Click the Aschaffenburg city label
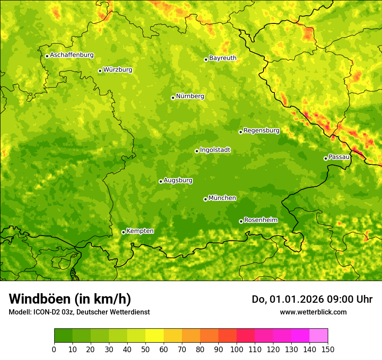[x=72, y=55]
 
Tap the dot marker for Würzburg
[x=100, y=71]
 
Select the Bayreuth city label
[x=223, y=58]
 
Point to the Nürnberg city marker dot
[x=173, y=98]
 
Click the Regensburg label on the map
[x=261, y=131]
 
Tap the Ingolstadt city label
[x=215, y=150]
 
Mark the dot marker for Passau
[x=326, y=158]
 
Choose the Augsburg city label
[x=178, y=180]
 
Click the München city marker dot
[x=205, y=199]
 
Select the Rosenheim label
[x=260, y=220]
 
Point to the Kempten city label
[x=140, y=231]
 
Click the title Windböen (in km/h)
[x=70, y=299]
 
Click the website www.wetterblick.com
[x=313, y=312]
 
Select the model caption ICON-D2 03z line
[x=79, y=312]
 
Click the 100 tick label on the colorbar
[x=236, y=349]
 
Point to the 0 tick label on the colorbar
[x=54, y=349]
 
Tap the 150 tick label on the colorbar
[x=328, y=349]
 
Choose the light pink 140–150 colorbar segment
[x=319, y=336]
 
